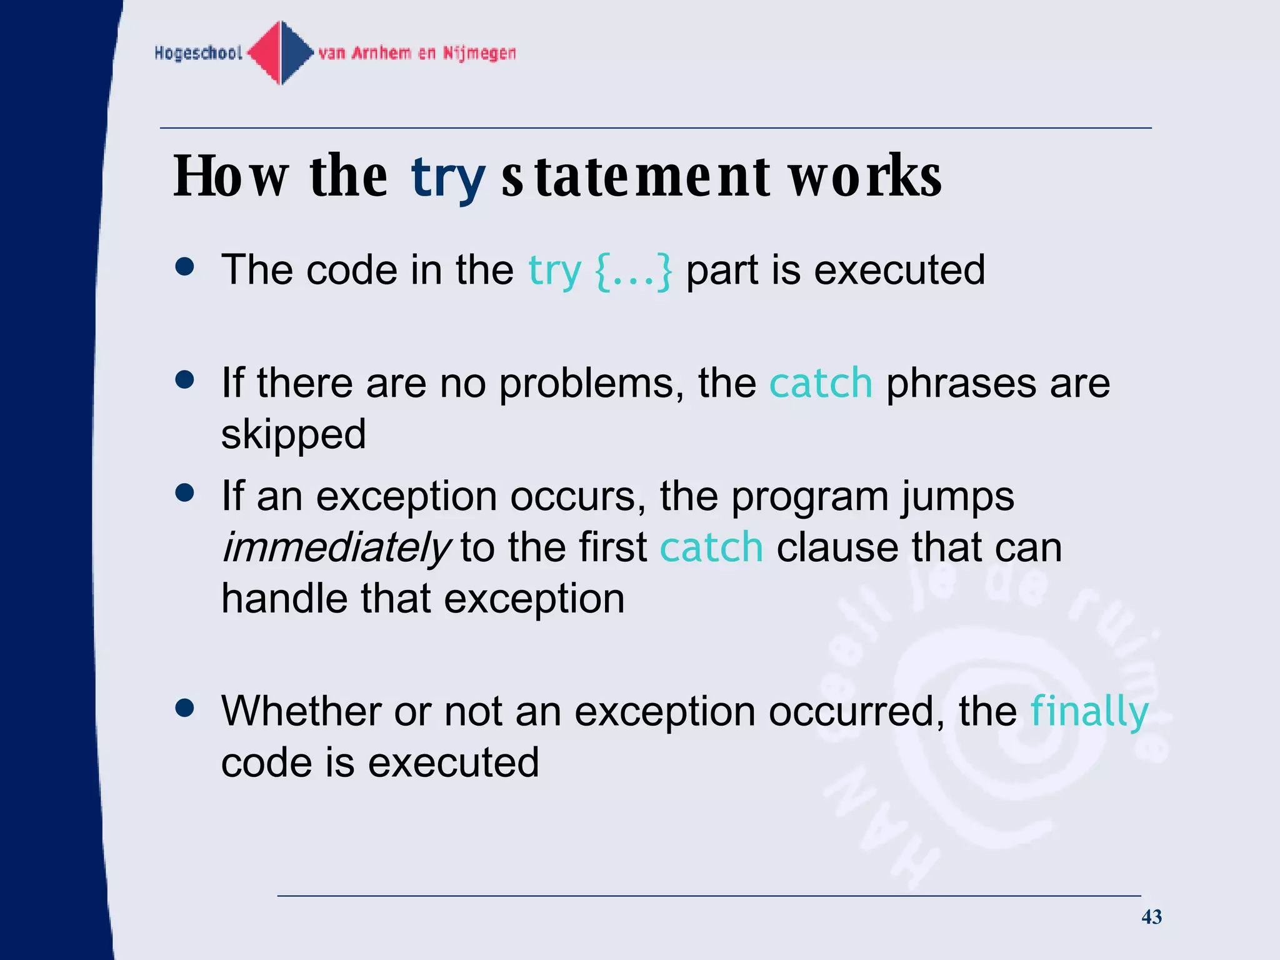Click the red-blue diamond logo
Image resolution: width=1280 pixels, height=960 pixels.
click(x=281, y=52)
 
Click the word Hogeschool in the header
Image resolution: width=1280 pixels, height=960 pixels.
click(x=198, y=53)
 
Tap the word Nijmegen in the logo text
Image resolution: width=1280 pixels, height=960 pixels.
click(x=479, y=53)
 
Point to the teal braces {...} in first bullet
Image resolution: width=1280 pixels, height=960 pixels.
click(x=633, y=271)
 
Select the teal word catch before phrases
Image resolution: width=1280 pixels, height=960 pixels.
click(x=820, y=382)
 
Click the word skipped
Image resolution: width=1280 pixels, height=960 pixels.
click(x=293, y=435)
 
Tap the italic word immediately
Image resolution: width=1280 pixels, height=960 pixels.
click(x=336, y=547)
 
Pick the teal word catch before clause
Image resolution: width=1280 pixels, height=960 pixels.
click(x=711, y=547)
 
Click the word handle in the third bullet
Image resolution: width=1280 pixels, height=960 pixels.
click(x=284, y=599)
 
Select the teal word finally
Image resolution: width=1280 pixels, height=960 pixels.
click(x=1089, y=712)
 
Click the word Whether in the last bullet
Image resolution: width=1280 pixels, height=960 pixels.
click(x=301, y=711)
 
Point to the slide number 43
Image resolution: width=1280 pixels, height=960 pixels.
click(x=1151, y=917)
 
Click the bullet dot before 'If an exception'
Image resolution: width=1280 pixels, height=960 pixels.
click(x=185, y=493)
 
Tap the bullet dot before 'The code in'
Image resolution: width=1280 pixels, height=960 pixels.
click(x=185, y=267)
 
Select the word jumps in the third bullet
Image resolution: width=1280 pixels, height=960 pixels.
click(x=957, y=497)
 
